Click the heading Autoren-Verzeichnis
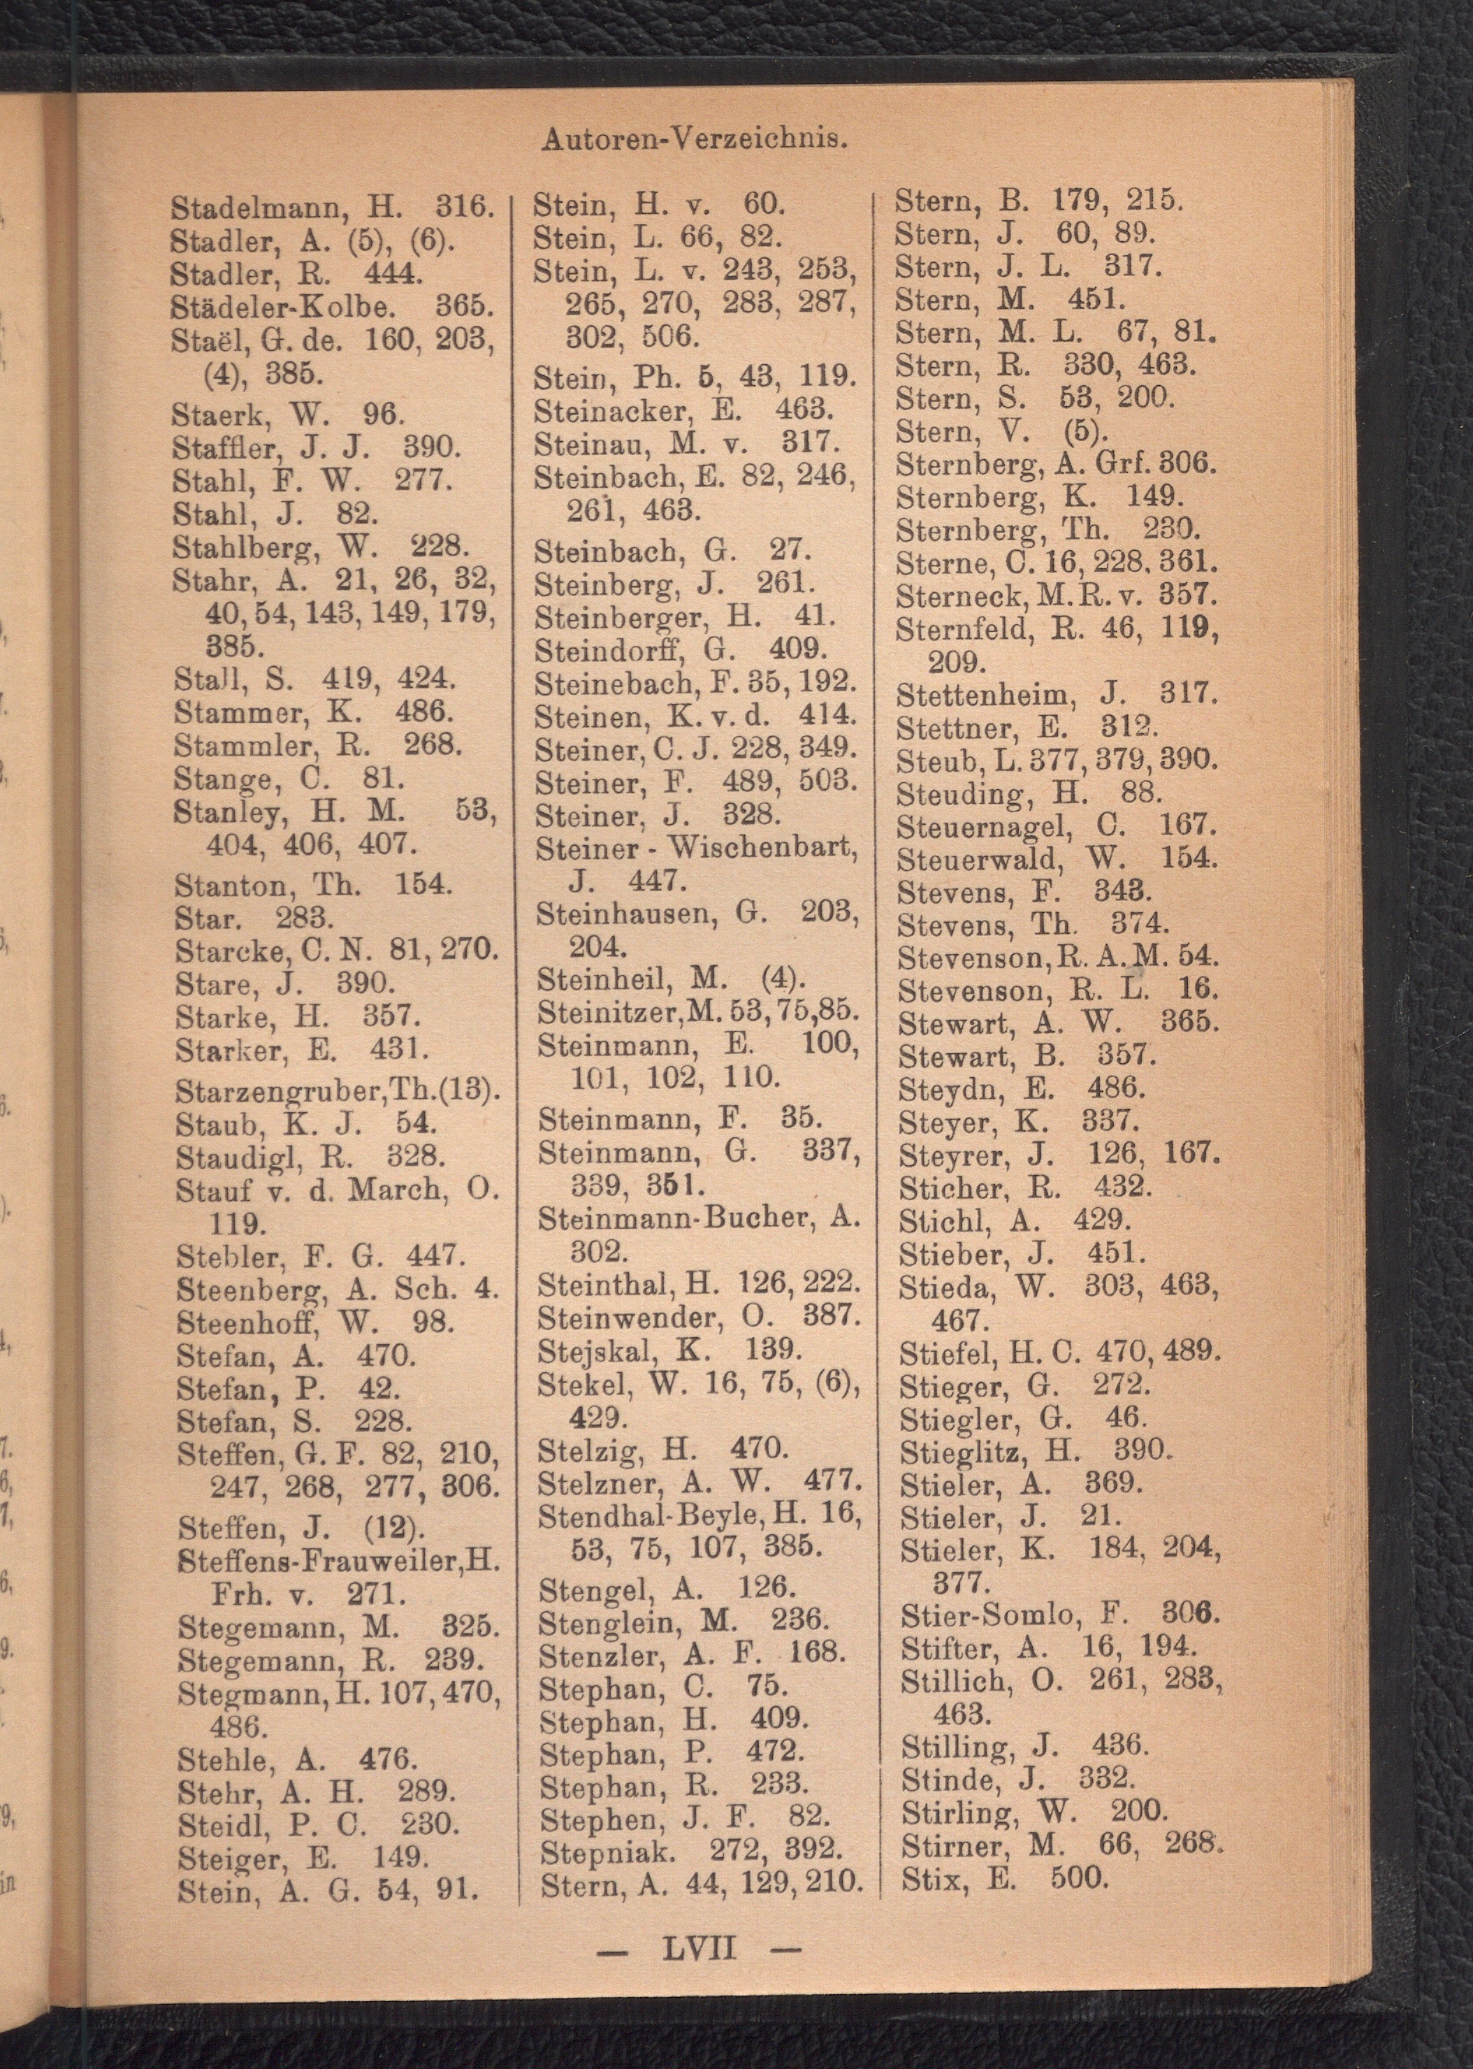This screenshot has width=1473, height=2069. click(694, 140)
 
